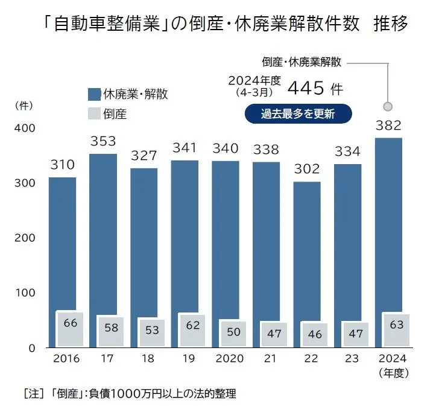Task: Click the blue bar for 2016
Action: (62, 241)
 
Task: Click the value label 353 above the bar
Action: (103, 141)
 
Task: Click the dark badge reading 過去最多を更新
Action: (298, 113)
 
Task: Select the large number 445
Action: (307, 89)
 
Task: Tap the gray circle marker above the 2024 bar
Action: (388, 106)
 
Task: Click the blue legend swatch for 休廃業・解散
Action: (93, 94)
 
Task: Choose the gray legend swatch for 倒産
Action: (93, 113)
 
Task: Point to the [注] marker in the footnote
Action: (31, 394)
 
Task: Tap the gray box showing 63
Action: (396, 326)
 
